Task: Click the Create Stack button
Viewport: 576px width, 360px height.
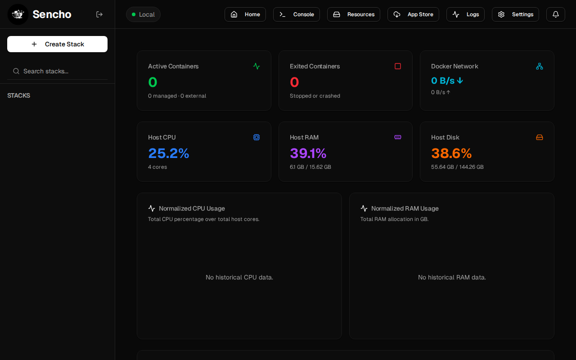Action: click(57, 44)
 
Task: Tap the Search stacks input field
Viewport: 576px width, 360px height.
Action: click(57, 71)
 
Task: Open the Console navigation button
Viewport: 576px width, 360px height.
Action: click(297, 14)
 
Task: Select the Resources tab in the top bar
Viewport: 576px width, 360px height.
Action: click(354, 14)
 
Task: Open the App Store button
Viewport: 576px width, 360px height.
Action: click(413, 14)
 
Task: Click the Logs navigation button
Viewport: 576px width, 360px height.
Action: click(465, 14)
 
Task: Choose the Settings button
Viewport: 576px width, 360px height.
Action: click(515, 14)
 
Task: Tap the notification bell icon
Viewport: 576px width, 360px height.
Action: click(556, 14)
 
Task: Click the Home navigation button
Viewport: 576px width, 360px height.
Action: click(245, 14)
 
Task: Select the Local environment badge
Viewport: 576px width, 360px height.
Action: click(143, 14)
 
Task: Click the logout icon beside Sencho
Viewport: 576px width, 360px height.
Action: click(99, 14)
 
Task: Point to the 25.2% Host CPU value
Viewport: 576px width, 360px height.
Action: click(169, 153)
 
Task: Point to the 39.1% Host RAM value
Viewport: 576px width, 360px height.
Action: click(308, 153)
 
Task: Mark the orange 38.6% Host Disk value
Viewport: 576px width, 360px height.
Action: click(451, 153)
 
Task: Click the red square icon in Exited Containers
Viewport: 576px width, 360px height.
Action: click(398, 66)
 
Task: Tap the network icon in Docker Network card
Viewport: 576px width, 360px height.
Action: click(540, 66)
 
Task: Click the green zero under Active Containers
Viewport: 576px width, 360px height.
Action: click(153, 82)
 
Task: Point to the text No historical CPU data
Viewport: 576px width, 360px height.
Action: click(239, 277)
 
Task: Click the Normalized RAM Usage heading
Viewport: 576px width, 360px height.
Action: click(405, 208)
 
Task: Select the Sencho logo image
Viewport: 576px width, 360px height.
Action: click(18, 14)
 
